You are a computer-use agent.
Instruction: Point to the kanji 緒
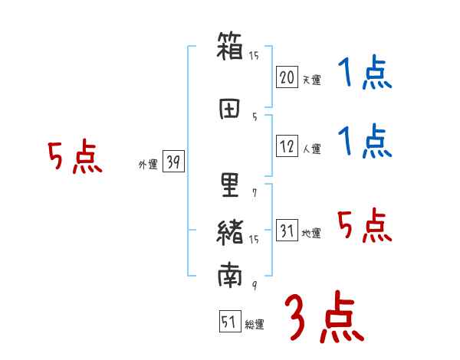pos(230,231)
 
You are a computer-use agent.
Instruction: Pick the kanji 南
pos(230,276)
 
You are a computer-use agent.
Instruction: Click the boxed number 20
pos(287,77)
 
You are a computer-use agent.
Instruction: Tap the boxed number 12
pos(287,146)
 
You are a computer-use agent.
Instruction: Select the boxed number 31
pos(287,231)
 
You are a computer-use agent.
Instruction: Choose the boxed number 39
pos(173,162)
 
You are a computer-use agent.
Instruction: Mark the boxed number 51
pos(228,322)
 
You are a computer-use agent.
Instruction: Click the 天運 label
pos(311,80)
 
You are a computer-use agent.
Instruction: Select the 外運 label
pos(147,164)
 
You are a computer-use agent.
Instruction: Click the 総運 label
pos(254,325)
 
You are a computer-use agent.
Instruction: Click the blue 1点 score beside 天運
pos(365,74)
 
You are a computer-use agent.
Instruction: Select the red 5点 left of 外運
pos(74,158)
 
